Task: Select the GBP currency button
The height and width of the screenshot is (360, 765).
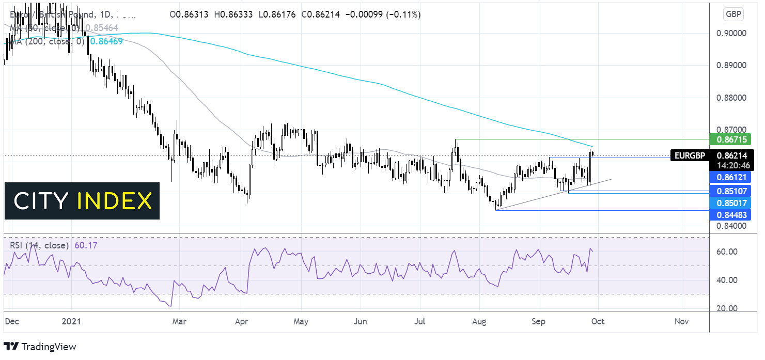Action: pos(733,14)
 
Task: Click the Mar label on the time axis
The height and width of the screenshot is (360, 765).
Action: pos(179,321)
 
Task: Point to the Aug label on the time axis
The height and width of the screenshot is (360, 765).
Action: pos(480,321)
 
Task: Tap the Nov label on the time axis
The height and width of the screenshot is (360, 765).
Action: pos(681,321)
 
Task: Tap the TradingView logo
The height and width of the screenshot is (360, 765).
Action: pos(40,347)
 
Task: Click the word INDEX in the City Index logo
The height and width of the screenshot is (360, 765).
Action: pos(115,201)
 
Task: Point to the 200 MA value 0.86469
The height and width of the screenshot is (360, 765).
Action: pos(106,41)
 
